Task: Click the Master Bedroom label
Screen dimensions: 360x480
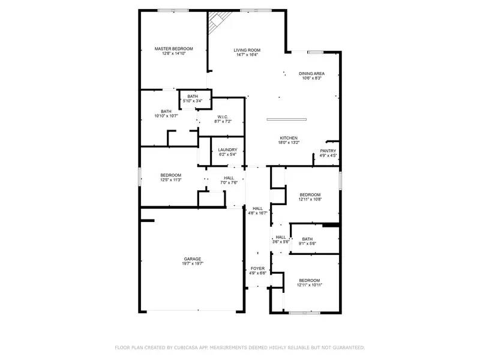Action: coord(173,49)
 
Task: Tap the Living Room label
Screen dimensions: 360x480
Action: coord(247,50)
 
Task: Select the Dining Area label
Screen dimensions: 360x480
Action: coord(311,73)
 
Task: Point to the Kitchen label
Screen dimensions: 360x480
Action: coord(288,138)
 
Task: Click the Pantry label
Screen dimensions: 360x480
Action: coord(328,151)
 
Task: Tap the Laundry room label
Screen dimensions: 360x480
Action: coord(227,150)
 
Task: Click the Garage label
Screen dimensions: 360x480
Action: coord(192,259)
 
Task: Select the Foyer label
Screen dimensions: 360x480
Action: coord(257,269)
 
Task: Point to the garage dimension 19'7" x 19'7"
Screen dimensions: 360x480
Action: coord(192,264)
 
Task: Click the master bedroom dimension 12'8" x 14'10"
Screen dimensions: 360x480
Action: coord(173,53)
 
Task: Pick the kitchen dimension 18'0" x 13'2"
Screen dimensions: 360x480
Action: coord(288,143)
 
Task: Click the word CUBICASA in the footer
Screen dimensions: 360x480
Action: coord(186,347)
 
